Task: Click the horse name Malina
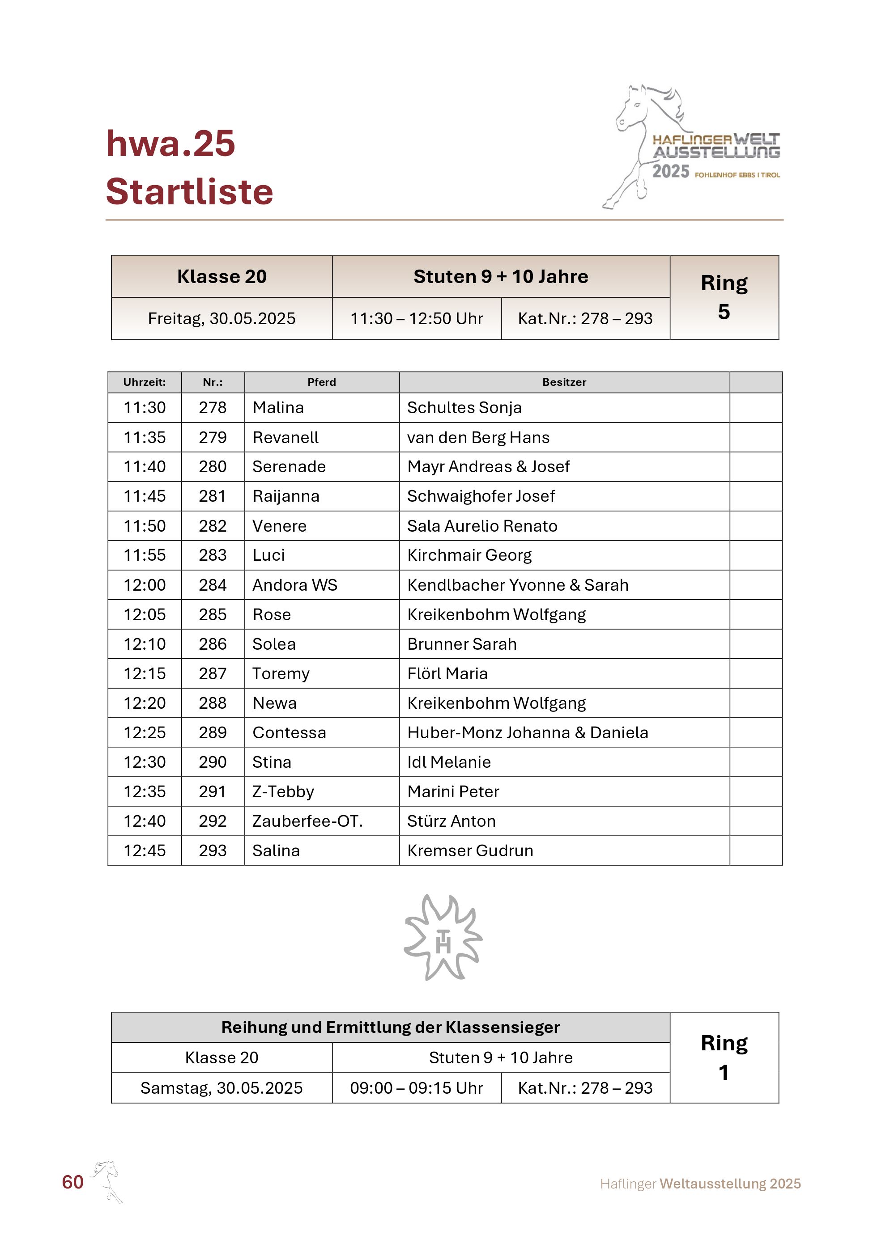point(278,408)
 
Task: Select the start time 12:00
point(145,585)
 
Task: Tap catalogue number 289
point(212,732)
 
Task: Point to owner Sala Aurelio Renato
point(482,526)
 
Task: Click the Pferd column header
point(321,382)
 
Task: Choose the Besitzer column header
point(564,382)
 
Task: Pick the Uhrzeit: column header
point(145,382)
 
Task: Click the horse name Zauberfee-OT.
point(307,821)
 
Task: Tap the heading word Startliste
point(189,192)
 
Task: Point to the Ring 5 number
point(724,312)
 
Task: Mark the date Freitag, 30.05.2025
point(221,318)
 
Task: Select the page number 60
point(72,1182)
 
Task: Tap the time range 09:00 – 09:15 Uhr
point(416,1088)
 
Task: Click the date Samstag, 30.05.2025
point(221,1088)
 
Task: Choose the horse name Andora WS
point(294,585)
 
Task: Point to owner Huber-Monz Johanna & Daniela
point(528,732)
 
